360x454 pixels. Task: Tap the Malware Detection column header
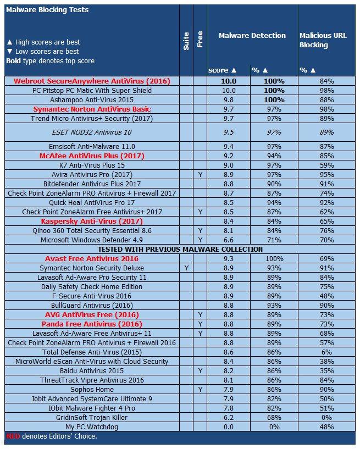(x=252, y=35)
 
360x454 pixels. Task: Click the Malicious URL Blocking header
(x=323, y=40)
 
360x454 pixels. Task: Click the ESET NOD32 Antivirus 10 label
(x=92, y=132)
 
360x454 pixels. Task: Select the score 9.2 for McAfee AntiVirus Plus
(x=229, y=156)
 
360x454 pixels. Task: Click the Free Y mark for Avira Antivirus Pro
(x=200, y=175)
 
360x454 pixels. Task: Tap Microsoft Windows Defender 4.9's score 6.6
(x=229, y=240)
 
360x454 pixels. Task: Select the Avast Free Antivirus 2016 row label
(x=92, y=259)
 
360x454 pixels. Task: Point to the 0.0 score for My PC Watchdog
(x=229, y=427)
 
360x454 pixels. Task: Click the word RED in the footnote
(x=13, y=436)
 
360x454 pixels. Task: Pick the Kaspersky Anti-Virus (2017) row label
(x=92, y=222)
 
